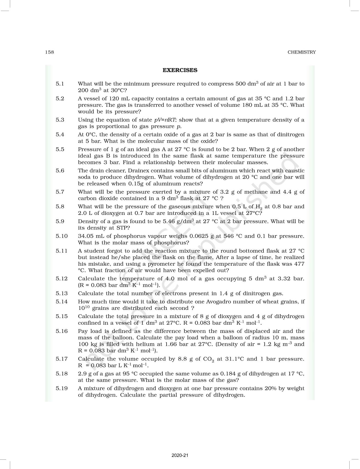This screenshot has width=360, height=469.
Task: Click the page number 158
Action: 50,52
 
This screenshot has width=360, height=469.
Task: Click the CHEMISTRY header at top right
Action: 302,52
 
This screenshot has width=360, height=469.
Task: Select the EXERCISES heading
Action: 180,70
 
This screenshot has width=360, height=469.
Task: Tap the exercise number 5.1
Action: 60,84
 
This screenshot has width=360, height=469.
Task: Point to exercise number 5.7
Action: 60,192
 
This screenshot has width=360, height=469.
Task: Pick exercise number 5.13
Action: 61,293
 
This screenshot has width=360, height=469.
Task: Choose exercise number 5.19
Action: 61,388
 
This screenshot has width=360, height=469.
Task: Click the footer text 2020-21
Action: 180,456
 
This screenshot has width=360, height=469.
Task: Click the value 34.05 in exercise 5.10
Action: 86,236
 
